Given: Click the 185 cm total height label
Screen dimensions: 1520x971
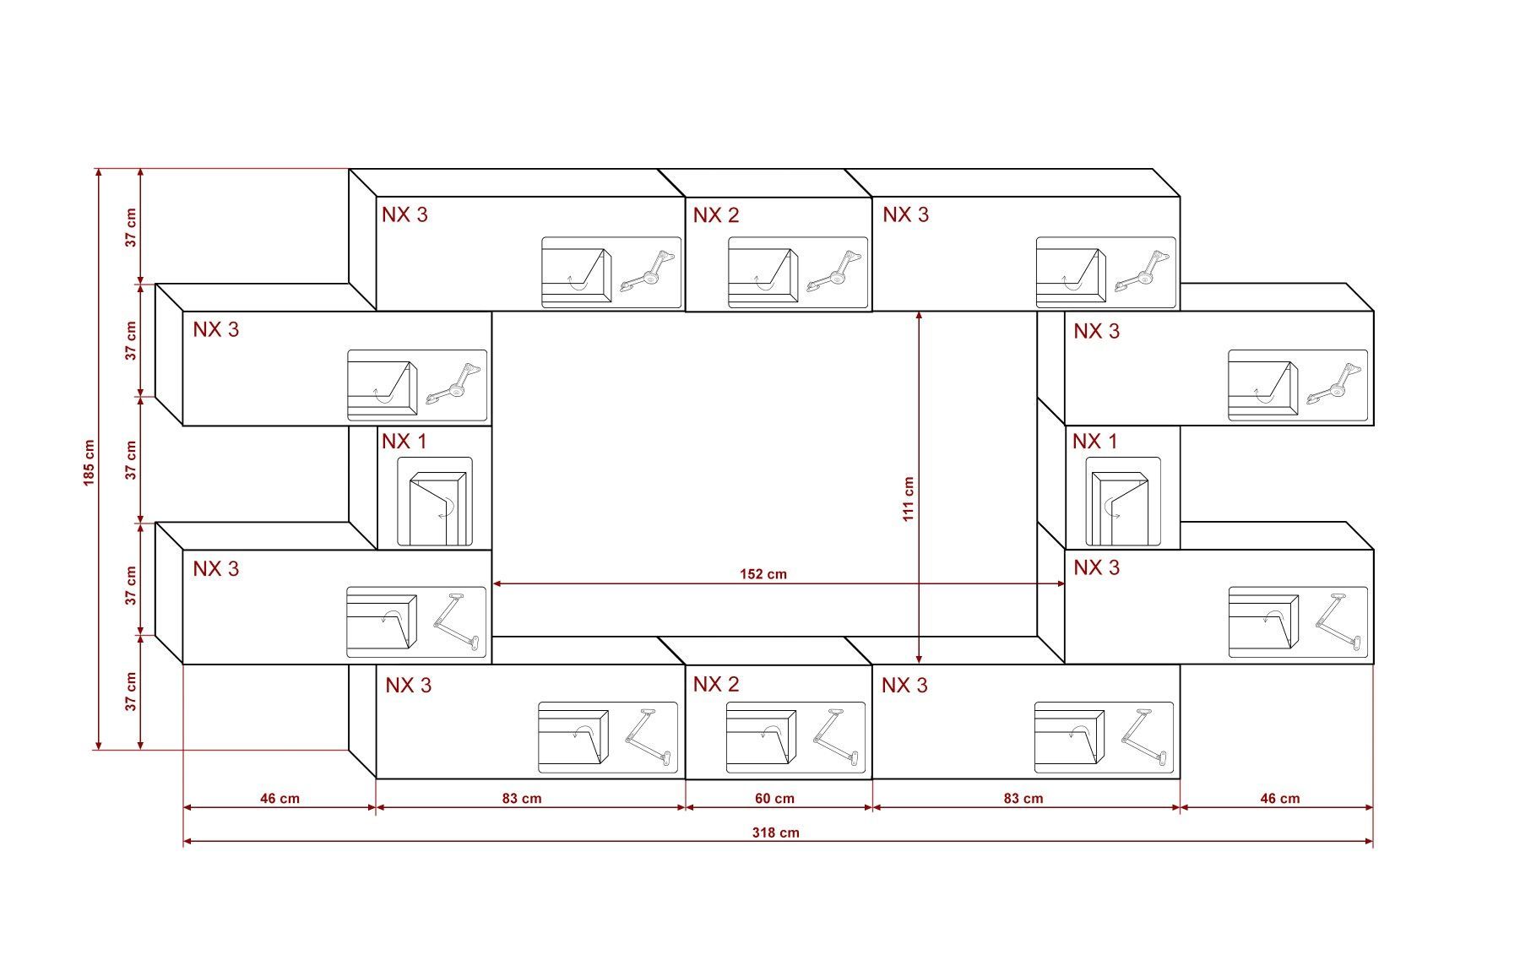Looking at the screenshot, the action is point(90,463).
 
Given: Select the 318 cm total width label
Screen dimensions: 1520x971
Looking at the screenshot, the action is point(775,833).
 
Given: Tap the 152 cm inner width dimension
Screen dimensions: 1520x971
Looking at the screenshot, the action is point(763,574).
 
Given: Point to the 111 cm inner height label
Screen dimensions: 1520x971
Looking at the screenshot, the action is point(908,499).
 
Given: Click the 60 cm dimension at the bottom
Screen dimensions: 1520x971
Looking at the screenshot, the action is point(774,798).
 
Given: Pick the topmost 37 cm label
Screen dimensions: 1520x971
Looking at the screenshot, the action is point(131,227).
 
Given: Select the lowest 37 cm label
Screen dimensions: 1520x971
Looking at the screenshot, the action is point(131,692).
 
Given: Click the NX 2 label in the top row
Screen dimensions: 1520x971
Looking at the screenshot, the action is point(716,215).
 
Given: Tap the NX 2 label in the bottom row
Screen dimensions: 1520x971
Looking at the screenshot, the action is point(716,684).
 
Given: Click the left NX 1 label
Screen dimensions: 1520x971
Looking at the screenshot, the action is point(404,441).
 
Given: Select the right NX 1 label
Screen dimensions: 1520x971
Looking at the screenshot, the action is point(1095,441).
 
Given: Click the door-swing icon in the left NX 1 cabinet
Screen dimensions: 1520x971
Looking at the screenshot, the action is point(435,502).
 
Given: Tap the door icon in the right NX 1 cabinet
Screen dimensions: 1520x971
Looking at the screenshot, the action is point(1123,502).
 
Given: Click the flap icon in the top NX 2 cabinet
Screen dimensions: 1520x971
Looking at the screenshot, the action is point(763,273).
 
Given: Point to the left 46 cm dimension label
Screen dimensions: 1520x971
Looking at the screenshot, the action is point(280,798).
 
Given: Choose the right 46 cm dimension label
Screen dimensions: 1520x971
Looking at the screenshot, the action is point(1280,798).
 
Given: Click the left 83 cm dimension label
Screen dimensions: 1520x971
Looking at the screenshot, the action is point(522,798).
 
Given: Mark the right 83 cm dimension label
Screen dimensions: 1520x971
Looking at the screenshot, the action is point(1023,798).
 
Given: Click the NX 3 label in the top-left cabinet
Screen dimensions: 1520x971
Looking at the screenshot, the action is point(404,214).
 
